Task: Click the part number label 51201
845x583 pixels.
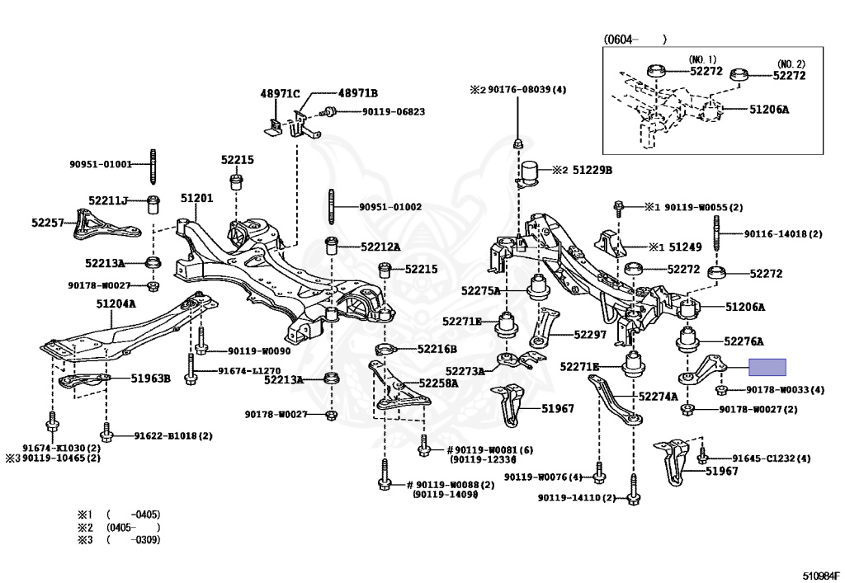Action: click(x=196, y=199)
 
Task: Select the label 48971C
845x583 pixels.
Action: click(x=281, y=94)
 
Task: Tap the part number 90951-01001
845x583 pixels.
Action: click(x=101, y=164)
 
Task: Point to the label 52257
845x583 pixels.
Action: click(x=48, y=223)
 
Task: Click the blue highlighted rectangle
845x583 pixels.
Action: click(x=767, y=368)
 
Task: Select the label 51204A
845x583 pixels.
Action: click(x=116, y=303)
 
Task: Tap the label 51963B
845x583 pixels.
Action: click(x=150, y=378)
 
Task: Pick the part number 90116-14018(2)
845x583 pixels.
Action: click(x=783, y=234)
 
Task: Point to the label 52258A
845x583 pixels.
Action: click(x=437, y=383)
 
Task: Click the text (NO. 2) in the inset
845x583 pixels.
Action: click(x=789, y=64)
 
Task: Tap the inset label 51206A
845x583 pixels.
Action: click(x=769, y=109)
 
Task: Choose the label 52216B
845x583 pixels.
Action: click(x=437, y=349)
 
